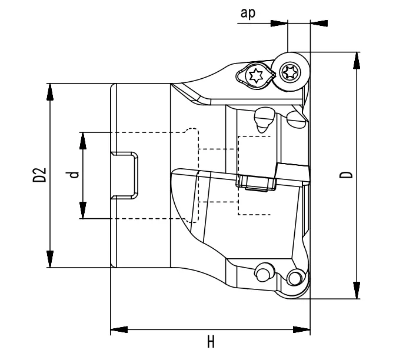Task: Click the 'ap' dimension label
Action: click(247, 13)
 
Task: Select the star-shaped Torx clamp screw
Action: click(255, 75)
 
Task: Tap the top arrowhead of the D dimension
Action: click(357, 59)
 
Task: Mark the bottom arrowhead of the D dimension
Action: click(357, 291)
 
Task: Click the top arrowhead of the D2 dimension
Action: click(51, 91)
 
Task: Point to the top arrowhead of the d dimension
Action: click(84, 139)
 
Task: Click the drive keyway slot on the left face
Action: click(125, 175)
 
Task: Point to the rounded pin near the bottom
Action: click(261, 272)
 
